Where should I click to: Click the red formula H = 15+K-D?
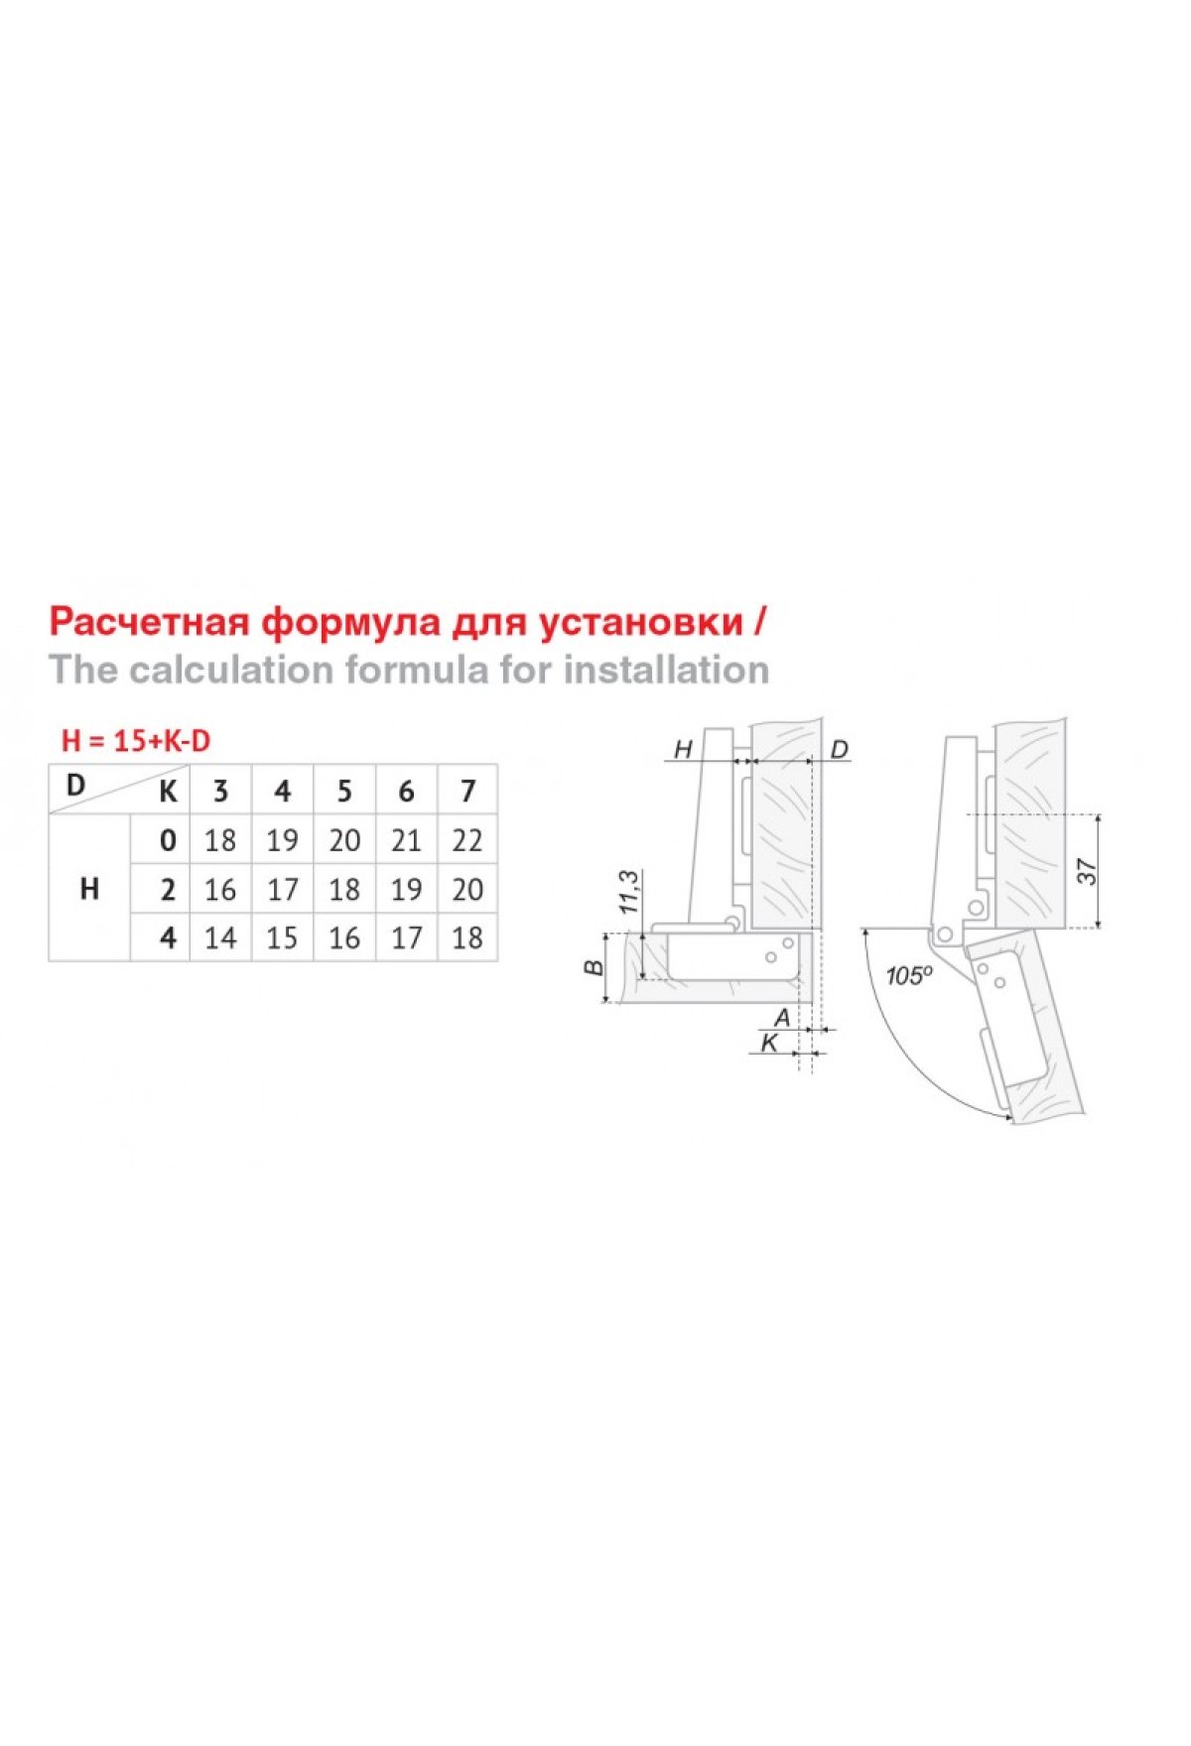(136, 741)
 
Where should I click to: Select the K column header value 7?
(467, 791)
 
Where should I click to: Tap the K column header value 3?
(220, 791)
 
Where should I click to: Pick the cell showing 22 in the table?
(467, 840)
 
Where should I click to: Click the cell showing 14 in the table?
(220, 937)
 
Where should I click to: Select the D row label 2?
(168, 890)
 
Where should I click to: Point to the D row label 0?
(168, 840)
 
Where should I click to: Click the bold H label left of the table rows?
(89, 889)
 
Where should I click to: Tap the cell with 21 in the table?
(406, 840)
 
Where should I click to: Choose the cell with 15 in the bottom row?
(282, 937)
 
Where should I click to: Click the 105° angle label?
(909, 976)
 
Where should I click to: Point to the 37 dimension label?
(1089, 872)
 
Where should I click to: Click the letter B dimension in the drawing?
(595, 967)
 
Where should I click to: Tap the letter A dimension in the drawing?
(782, 1017)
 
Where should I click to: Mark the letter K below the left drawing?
(769, 1043)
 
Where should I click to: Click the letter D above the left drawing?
(839, 749)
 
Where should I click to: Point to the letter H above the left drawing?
(683, 749)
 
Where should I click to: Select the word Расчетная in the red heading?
(148, 622)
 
